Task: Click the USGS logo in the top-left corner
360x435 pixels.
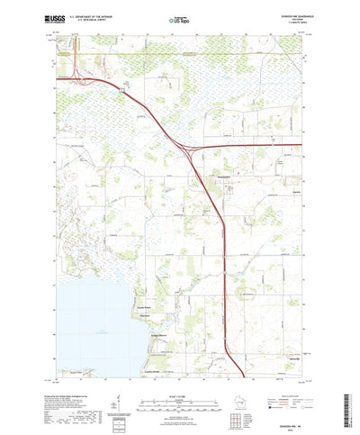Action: tap(68, 16)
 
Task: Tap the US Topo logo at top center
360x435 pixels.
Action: tap(179, 17)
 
